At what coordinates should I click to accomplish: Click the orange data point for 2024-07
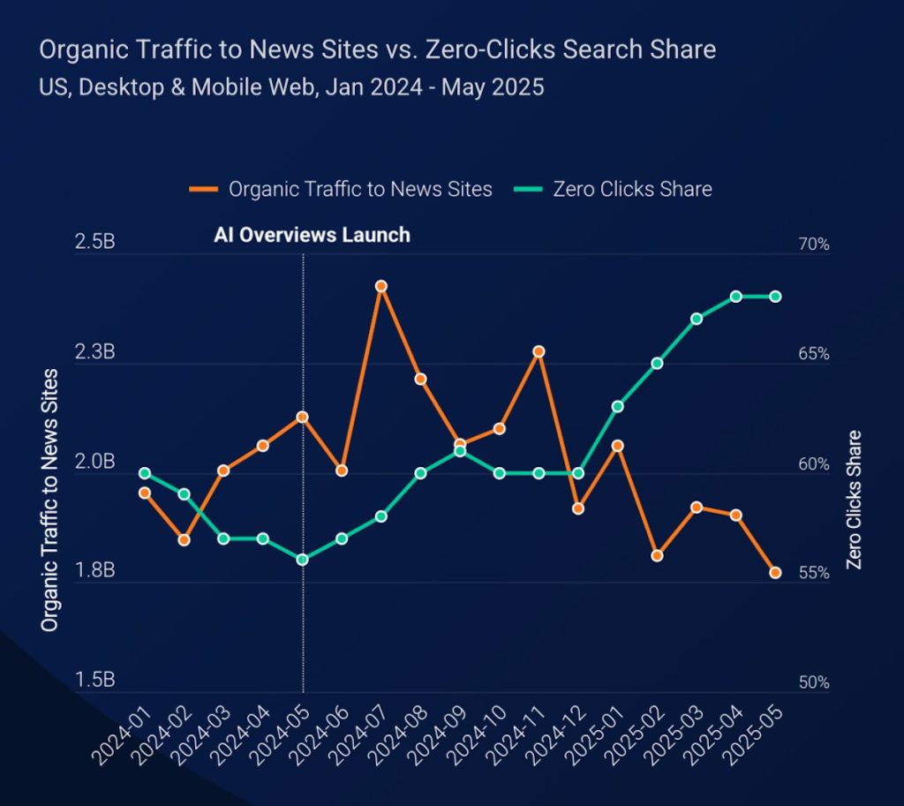pos(381,286)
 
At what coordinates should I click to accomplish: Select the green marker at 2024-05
pos(302,560)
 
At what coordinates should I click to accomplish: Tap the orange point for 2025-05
pos(775,573)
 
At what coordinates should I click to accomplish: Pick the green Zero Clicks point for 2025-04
pos(735,297)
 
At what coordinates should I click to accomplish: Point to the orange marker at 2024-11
pos(539,351)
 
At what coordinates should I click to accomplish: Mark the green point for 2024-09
pos(460,451)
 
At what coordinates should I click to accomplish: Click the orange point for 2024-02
pos(184,539)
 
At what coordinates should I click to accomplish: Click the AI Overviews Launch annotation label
pos(312,235)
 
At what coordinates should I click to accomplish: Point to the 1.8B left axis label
pos(95,572)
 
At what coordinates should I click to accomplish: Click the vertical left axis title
pos(50,499)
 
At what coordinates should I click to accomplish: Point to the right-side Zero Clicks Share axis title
pos(854,499)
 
